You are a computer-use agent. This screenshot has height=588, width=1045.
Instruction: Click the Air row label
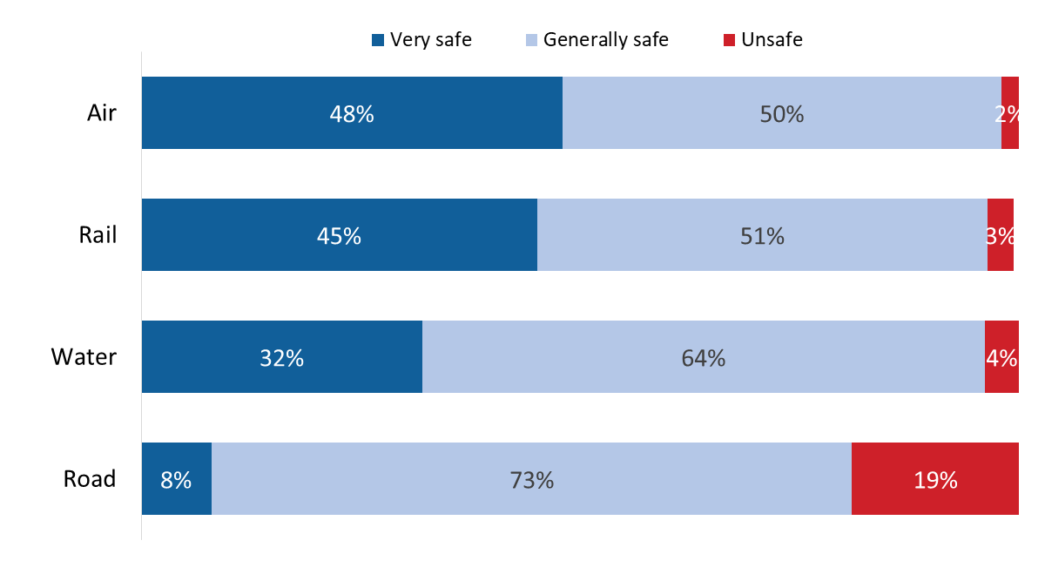click(101, 113)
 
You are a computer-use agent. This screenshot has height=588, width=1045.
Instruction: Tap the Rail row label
click(98, 235)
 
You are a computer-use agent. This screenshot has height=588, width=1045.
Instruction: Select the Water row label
click(84, 357)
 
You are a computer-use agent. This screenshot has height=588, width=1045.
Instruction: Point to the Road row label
click(90, 479)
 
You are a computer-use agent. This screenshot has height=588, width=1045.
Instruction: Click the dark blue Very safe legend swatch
click(378, 40)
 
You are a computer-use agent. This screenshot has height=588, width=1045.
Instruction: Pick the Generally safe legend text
click(605, 40)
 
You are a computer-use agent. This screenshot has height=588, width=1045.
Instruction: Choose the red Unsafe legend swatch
click(730, 40)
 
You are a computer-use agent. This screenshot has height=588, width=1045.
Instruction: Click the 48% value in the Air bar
click(352, 114)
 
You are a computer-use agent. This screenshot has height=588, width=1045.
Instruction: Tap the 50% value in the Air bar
click(781, 114)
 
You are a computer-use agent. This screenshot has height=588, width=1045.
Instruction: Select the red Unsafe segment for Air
click(1010, 113)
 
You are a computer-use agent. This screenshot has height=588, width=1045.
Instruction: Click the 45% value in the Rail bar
click(339, 236)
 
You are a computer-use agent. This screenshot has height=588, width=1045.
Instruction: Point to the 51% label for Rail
click(762, 236)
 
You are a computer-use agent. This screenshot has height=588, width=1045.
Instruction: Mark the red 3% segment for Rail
click(1001, 235)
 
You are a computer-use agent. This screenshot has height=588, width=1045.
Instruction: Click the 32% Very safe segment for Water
click(282, 357)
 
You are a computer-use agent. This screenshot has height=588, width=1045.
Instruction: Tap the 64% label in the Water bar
click(704, 358)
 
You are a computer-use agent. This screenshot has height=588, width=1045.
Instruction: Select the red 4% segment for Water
click(1001, 357)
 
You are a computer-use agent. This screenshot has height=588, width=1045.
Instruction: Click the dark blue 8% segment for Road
click(177, 479)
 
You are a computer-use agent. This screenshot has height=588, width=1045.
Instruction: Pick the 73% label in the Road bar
click(531, 480)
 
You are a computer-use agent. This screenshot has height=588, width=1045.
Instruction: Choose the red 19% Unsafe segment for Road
click(935, 479)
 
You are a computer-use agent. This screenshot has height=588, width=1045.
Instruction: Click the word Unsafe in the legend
click(772, 40)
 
